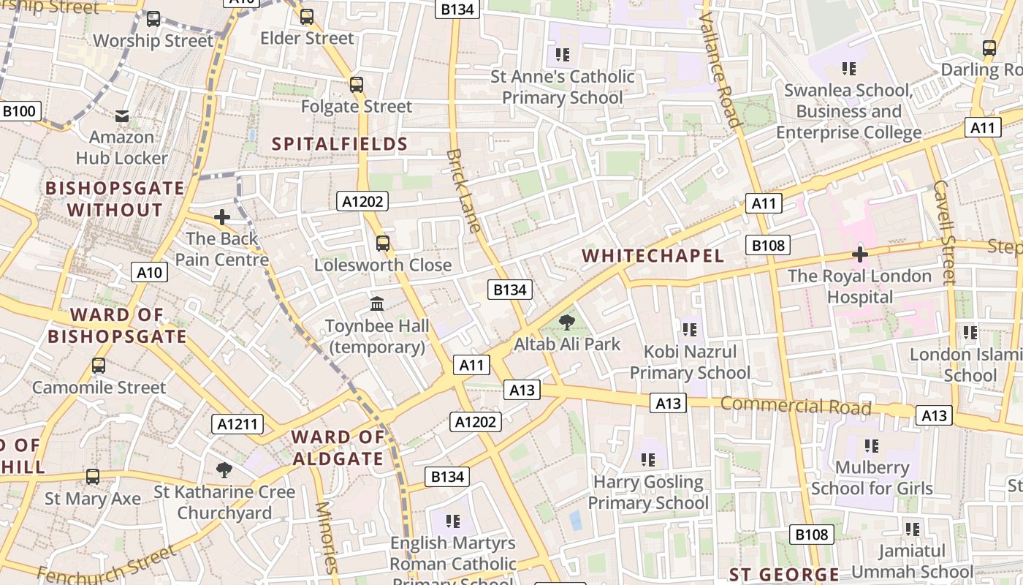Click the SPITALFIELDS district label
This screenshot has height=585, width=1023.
[x=340, y=143]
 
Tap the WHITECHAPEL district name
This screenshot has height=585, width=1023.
[x=653, y=255]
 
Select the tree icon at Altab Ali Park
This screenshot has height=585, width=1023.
[x=566, y=322]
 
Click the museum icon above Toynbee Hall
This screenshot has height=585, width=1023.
[x=377, y=303]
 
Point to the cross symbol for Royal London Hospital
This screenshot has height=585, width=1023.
[x=860, y=254]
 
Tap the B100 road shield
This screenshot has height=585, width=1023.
[x=19, y=111]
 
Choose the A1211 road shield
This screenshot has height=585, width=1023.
[x=237, y=423]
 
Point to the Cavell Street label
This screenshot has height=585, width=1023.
[x=944, y=233]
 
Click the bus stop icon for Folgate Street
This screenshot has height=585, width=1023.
[x=357, y=84]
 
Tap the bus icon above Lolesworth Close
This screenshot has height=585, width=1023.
[x=383, y=243]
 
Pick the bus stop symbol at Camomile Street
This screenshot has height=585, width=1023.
[x=99, y=365]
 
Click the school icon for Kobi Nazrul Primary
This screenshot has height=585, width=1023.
[x=690, y=329]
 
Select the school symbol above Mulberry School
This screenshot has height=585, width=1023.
[x=871, y=445]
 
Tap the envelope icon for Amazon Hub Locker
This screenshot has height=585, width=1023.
[x=122, y=116]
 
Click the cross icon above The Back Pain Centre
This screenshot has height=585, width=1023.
[x=222, y=216]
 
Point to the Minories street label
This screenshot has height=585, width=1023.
[x=327, y=537]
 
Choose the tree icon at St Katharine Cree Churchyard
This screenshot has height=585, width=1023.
[x=224, y=469]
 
